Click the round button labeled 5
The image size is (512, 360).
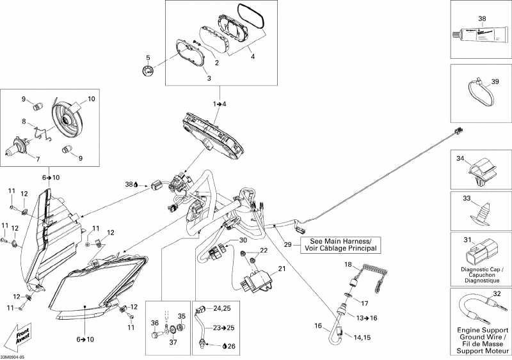click(148, 71)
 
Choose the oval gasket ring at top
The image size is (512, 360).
click(252, 15)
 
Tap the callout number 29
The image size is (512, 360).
click(288, 244)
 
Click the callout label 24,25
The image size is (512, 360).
click(222, 309)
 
